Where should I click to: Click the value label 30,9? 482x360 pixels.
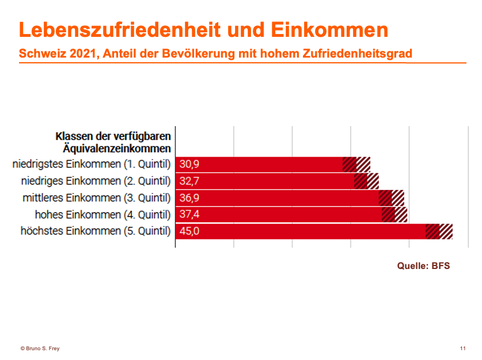[189, 164]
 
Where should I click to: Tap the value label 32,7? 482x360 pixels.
[189, 181]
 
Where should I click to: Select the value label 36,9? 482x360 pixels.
[189, 198]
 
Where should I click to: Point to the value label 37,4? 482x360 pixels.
[189, 215]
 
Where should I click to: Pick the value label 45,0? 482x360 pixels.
[189, 232]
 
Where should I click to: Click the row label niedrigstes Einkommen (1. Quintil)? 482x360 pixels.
[92, 164]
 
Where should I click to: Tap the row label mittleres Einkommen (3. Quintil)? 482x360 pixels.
[96, 198]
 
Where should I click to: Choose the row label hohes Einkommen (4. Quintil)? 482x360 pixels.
[103, 215]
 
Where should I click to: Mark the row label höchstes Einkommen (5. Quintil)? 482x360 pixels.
[96, 232]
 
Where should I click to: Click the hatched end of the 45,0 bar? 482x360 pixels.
[439, 232]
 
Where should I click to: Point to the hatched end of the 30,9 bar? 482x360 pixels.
[356, 164]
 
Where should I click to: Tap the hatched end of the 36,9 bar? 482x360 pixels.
[392, 198]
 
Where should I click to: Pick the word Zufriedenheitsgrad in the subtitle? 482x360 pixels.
[355, 54]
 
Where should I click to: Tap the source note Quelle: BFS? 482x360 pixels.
[423, 266]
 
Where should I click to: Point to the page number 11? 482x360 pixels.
[463, 348]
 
